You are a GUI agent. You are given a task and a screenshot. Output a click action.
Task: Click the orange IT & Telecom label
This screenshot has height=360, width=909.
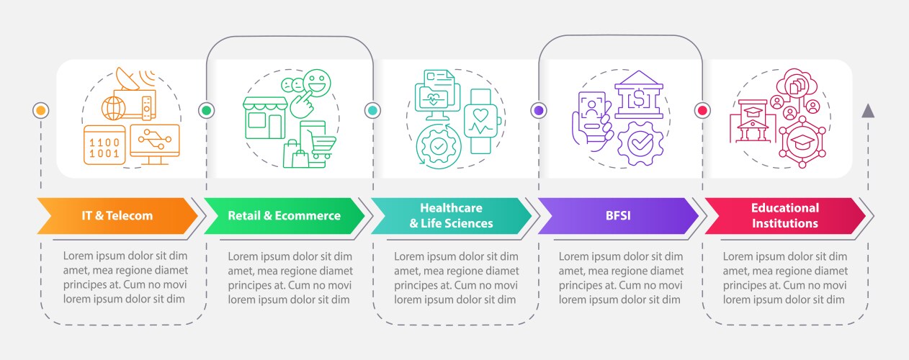click(x=117, y=215)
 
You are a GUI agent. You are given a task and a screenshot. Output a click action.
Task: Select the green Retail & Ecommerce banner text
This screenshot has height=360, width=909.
click(x=284, y=215)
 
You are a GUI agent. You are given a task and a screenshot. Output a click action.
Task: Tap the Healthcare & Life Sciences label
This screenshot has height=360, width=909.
click(x=451, y=215)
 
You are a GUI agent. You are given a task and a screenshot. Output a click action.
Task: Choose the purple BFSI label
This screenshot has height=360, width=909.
click(x=617, y=215)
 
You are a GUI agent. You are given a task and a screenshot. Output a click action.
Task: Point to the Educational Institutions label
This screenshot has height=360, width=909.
click(x=784, y=215)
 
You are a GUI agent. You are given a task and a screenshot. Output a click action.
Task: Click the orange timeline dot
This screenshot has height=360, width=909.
click(x=41, y=110)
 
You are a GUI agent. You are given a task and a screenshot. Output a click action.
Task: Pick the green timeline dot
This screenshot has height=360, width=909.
click(x=207, y=110)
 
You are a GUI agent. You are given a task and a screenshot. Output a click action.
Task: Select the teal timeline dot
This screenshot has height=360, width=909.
click(x=372, y=110)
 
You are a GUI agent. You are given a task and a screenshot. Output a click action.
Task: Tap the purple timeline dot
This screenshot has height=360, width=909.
click(x=538, y=110)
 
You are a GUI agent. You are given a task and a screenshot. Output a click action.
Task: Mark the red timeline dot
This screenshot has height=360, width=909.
click(x=702, y=110)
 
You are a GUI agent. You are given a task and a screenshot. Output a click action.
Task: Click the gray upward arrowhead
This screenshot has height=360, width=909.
click(x=868, y=110)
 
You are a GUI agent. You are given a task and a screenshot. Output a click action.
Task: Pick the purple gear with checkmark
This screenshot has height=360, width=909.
click(x=637, y=144)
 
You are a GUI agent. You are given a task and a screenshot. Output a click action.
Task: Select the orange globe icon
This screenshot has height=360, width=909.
click(x=114, y=109)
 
